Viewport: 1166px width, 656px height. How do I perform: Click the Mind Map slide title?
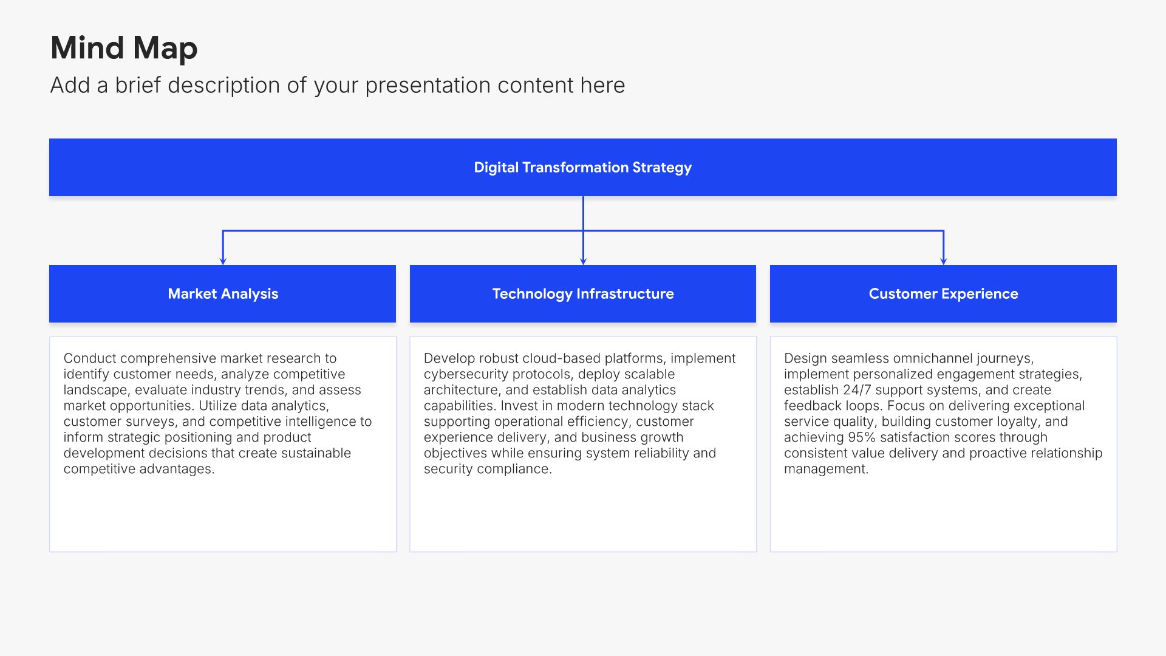pos(124,48)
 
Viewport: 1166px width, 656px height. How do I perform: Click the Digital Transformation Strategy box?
pos(583,167)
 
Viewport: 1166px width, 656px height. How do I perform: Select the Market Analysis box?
pos(222,293)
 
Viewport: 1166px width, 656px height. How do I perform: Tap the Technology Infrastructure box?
pos(583,293)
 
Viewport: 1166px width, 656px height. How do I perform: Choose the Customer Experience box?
pos(943,293)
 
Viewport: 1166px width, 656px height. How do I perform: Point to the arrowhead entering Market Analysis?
pos(223,261)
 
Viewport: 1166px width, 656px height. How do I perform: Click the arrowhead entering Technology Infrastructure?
pos(583,261)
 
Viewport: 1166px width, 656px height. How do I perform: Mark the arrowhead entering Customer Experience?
pos(943,261)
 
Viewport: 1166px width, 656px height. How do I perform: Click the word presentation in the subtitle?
pos(428,86)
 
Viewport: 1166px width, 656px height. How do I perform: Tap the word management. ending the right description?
pos(826,469)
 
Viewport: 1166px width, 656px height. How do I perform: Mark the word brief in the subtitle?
pos(138,86)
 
